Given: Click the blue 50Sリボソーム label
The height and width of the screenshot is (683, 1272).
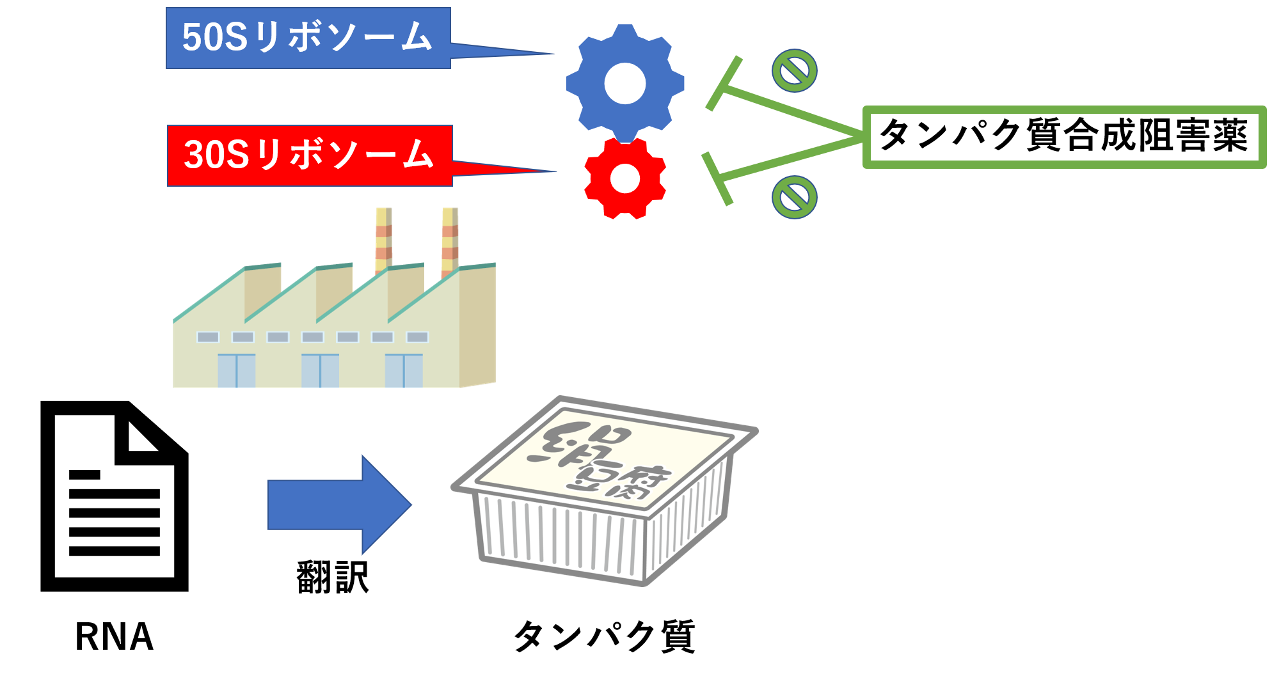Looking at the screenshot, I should (308, 38).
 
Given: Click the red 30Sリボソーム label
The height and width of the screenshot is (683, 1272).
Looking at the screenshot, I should (310, 155).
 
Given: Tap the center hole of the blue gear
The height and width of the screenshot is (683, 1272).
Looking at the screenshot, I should (625, 83).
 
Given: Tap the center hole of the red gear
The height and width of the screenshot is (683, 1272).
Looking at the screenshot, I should (625, 178).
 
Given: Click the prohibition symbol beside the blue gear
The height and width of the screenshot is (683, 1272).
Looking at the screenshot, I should (794, 70).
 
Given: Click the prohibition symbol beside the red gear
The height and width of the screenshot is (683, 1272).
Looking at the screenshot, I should (794, 197).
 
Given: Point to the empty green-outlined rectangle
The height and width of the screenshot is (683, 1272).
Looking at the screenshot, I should (1064, 137).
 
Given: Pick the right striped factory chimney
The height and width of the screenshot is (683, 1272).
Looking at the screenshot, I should (450, 240).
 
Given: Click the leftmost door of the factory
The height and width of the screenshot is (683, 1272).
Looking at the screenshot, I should (237, 371).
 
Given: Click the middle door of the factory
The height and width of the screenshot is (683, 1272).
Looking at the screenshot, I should (320, 371).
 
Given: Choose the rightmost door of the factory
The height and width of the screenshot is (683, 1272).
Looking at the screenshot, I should (404, 371).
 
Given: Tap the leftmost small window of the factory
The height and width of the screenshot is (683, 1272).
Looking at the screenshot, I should (208, 337).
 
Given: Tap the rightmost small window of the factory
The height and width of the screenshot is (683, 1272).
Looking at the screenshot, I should (417, 337).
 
